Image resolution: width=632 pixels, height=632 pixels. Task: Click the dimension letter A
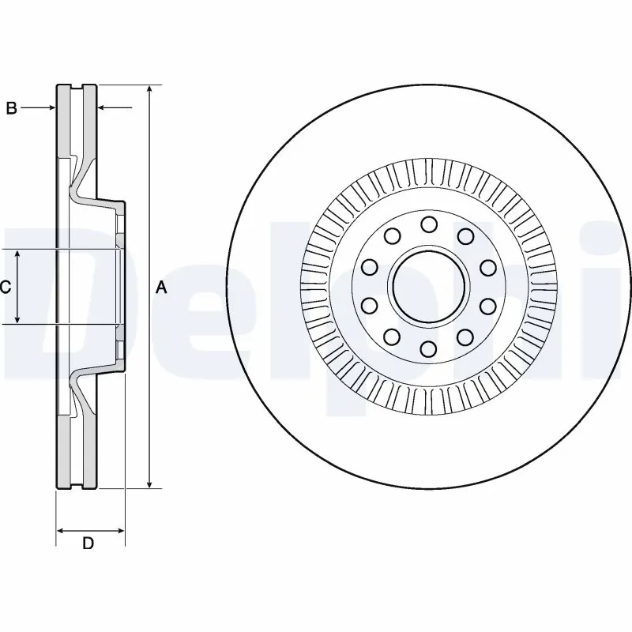162,288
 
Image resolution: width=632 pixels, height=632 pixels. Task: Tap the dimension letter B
11,108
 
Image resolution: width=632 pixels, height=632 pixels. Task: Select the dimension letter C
6,288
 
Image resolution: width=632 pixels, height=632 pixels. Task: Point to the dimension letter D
88,544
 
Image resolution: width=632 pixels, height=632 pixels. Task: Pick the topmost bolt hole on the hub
429,224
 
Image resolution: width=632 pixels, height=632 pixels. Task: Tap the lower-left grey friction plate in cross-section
62,450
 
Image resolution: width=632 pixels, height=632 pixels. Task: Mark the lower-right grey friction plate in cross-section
91,450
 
